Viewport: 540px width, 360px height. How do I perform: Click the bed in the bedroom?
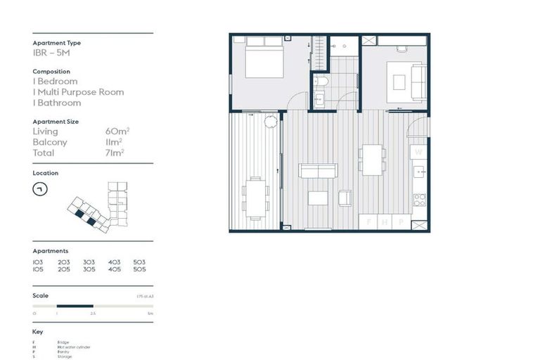point(264,61)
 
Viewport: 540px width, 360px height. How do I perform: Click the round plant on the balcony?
point(271,122)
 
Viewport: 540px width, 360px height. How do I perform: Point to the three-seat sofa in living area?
point(318,171)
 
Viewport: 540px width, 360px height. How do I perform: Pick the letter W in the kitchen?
point(418,151)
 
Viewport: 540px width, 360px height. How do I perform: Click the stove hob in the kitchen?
point(419,200)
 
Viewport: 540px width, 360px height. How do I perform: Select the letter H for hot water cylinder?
point(384,221)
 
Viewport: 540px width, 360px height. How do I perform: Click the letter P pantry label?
point(400,221)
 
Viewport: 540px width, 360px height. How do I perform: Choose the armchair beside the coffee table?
point(345,198)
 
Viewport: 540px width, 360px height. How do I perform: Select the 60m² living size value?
point(115,131)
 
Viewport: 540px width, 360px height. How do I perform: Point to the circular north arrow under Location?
point(40,188)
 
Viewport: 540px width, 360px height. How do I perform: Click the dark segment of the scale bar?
point(75,306)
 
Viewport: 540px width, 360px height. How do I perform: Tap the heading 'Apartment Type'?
point(56,43)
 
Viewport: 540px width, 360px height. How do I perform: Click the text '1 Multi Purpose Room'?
point(78,92)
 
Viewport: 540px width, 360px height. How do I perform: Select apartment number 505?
point(139,269)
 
